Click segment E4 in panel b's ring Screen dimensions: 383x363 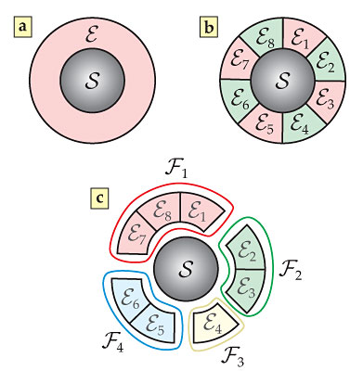click(x=299, y=146)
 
